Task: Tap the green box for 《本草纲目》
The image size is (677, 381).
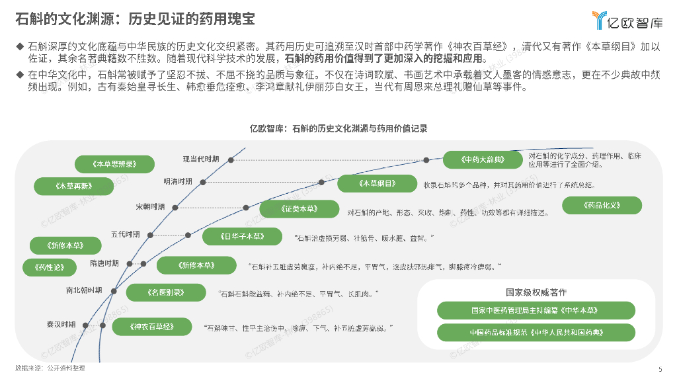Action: tap(378, 183)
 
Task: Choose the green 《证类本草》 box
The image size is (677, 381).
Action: tap(298, 209)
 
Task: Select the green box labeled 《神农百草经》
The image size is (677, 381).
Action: tap(152, 326)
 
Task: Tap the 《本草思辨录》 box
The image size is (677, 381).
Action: tap(114, 163)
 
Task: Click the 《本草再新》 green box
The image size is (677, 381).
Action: tap(74, 187)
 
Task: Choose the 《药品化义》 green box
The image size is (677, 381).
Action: tap(602, 205)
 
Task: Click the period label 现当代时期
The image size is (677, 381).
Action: tap(201, 159)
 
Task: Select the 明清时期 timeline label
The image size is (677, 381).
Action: tap(178, 181)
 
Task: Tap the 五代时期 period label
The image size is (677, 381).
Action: tap(126, 234)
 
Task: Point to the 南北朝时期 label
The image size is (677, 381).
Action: tap(84, 290)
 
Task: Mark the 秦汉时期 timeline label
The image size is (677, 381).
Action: tap(61, 324)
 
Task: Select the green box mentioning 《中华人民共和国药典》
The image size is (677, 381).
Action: tap(536, 331)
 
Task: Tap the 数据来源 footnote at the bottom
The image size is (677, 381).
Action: tap(50, 368)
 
